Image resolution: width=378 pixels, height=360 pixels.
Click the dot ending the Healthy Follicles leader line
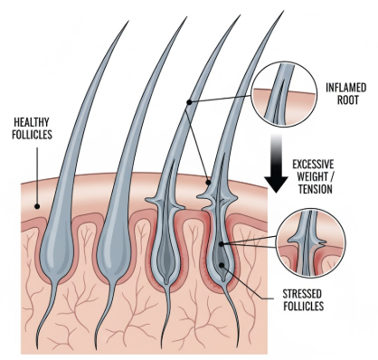point(36,205)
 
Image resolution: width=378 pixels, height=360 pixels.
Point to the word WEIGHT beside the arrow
point(307,177)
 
